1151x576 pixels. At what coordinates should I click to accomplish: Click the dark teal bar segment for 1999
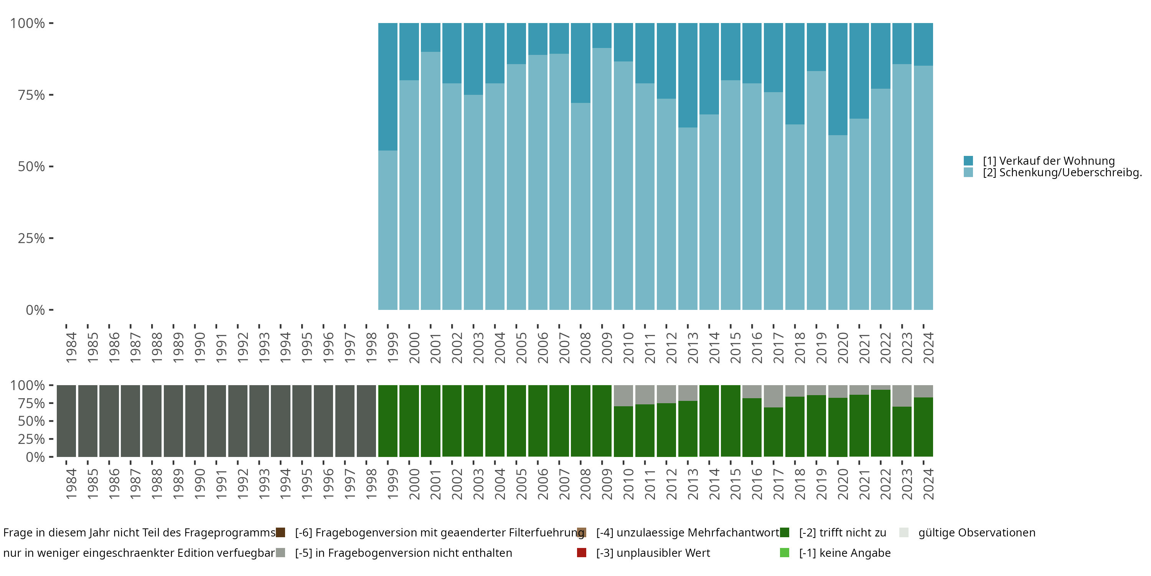(388, 87)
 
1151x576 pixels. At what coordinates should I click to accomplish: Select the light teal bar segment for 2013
(688, 218)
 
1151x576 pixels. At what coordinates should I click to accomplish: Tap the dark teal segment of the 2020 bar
(838, 79)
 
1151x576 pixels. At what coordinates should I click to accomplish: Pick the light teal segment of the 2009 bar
(602, 179)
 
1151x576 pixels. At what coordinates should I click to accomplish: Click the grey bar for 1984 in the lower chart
(66, 421)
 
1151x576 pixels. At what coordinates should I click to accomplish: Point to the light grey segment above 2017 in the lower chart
(773, 396)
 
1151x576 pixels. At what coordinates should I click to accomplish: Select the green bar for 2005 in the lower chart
(516, 421)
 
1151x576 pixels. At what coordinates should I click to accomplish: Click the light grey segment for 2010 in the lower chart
(623, 396)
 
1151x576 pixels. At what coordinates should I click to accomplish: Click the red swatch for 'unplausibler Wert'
(581, 553)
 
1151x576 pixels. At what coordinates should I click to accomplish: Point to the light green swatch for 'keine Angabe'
(784, 553)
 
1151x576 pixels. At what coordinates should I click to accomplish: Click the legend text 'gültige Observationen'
(977, 533)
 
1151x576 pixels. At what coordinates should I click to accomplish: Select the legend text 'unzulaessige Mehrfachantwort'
(688, 533)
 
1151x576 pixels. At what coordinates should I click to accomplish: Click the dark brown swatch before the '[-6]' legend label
(280, 533)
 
